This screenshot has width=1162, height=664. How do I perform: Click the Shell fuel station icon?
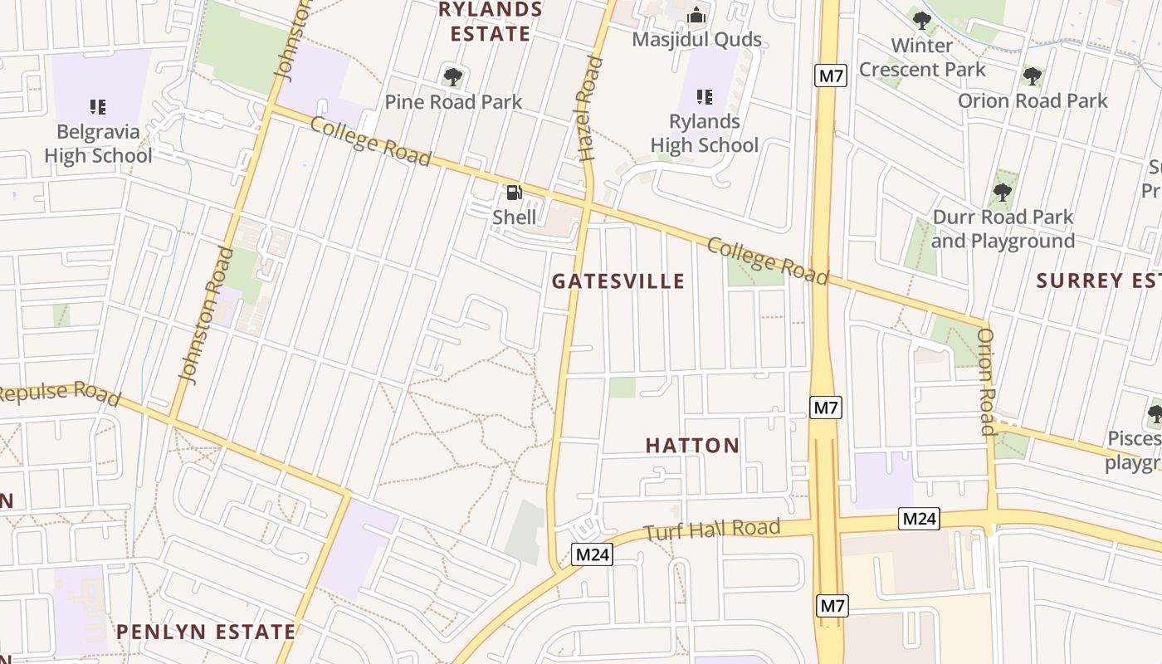tap(515, 193)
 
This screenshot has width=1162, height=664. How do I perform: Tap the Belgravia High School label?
tap(98, 144)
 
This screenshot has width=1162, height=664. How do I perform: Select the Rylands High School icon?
tap(705, 97)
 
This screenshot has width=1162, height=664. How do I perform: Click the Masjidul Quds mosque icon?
tap(696, 16)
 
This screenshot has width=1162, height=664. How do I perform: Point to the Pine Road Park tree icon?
tap(452, 78)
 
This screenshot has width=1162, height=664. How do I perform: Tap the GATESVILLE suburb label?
tap(618, 281)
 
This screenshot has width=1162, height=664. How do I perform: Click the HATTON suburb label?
tap(692, 446)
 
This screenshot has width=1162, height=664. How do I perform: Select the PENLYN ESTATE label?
tap(205, 632)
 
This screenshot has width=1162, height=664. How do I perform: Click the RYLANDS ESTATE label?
tap(490, 22)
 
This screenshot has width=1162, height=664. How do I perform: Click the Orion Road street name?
tap(986, 382)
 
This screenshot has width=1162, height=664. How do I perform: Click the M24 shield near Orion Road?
tap(920, 519)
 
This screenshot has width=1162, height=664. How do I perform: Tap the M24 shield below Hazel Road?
tap(592, 554)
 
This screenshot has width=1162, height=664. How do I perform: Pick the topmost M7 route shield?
tap(830, 76)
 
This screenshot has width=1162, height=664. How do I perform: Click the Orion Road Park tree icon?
tap(1032, 77)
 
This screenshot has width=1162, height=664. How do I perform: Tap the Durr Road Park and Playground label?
tap(1003, 229)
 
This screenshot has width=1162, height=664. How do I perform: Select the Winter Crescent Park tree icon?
tap(921, 22)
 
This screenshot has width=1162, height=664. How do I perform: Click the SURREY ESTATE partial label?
tap(1098, 281)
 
